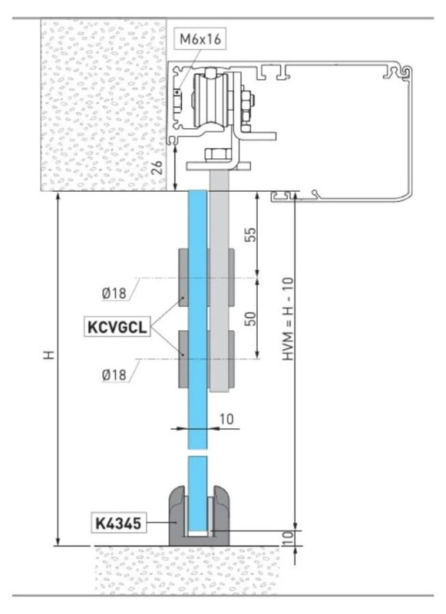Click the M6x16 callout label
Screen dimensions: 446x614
pyautogui.click(x=200, y=39)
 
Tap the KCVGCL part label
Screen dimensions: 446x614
pyautogui.click(x=117, y=327)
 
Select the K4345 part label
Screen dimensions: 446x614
pyautogui.click(x=118, y=523)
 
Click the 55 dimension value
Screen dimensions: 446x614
pyautogui.click(x=252, y=235)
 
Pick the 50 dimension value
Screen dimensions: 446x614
pyautogui.click(x=252, y=319)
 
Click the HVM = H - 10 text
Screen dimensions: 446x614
pyautogui.click(x=288, y=319)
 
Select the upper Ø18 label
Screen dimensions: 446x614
pyautogui.click(x=114, y=293)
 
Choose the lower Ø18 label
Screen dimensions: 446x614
pyautogui.click(x=114, y=375)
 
